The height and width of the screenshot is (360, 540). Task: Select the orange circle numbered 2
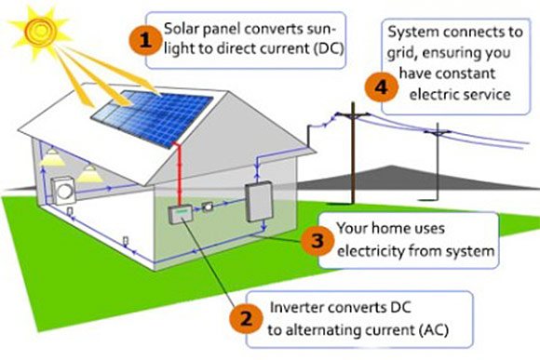244,318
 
